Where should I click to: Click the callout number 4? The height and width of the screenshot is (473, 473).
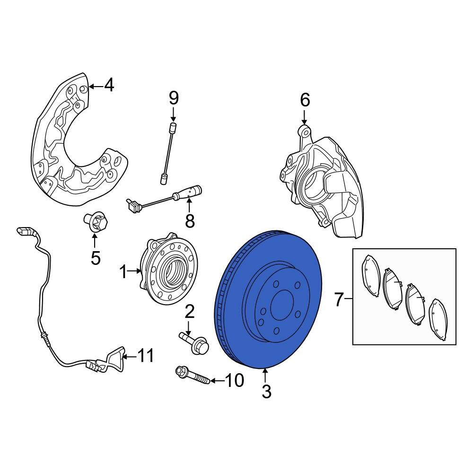coord(109,86)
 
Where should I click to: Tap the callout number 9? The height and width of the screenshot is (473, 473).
coord(174,98)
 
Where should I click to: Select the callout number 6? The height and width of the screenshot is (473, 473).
coord(305,100)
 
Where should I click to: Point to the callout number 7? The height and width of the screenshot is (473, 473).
coord(339,299)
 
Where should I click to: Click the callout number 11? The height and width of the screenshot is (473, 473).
coord(146,355)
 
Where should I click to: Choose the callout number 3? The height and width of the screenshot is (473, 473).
coord(266,392)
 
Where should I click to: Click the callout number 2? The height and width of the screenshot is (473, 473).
coord(189,312)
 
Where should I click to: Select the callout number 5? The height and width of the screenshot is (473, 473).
coord(96,258)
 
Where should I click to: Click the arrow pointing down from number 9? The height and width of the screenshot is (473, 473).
coord(174,114)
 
